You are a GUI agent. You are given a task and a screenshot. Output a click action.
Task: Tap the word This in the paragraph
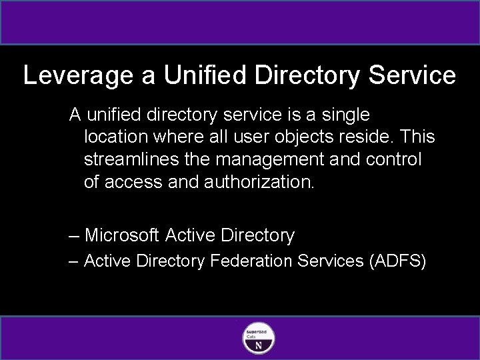419,137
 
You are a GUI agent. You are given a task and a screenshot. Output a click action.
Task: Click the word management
269,160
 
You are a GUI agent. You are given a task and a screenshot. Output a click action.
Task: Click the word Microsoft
122,235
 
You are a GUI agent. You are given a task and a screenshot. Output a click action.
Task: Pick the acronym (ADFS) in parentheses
397,261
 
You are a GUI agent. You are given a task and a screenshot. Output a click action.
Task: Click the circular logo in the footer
258,337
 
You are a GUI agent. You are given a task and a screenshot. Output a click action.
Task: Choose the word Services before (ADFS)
330,261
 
